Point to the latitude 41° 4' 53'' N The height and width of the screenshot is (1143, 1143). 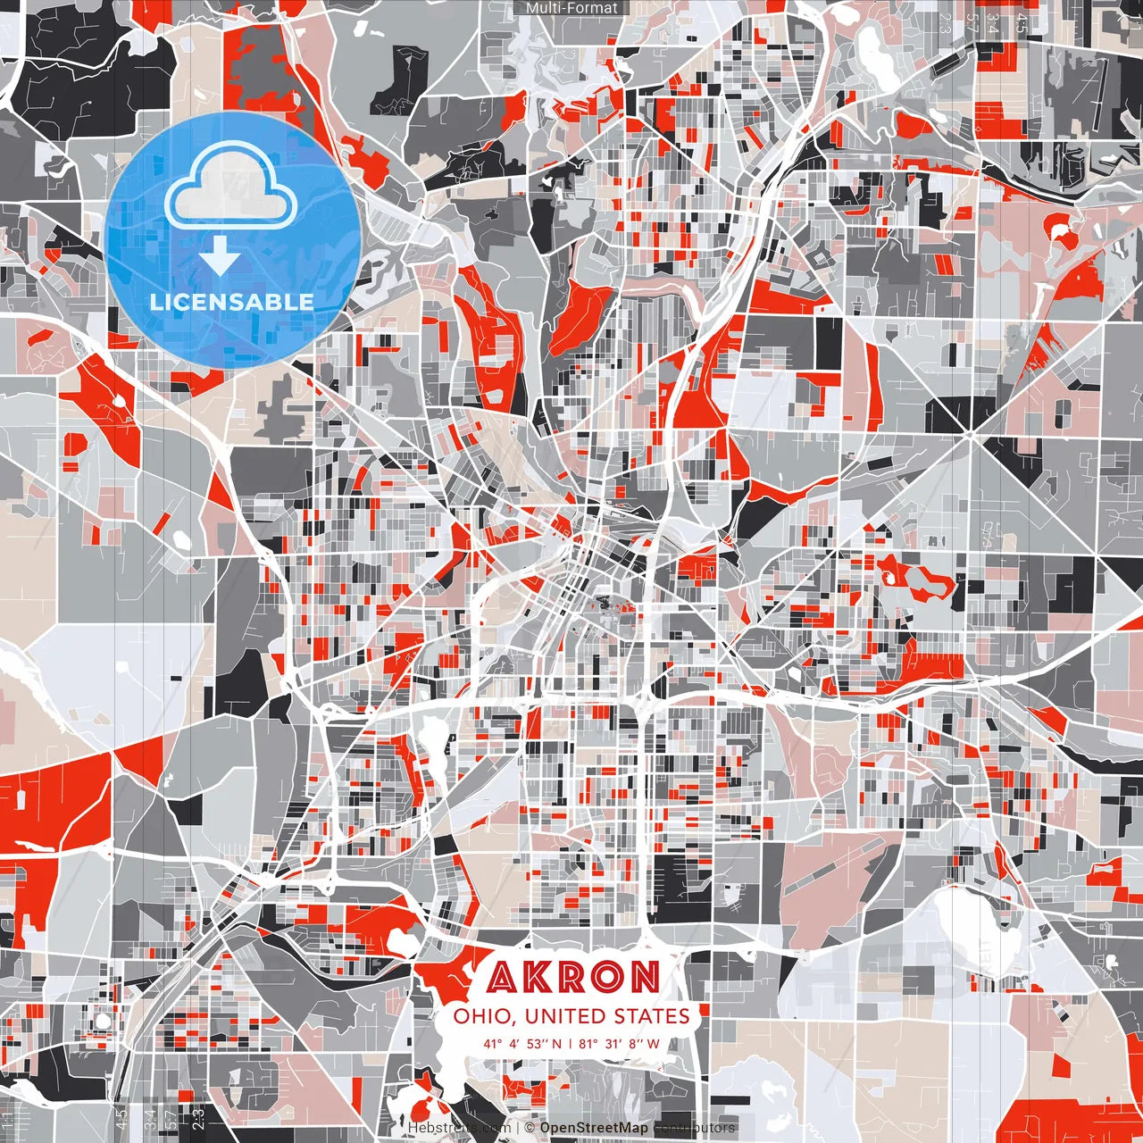pyautogui.click(x=523, y=1044)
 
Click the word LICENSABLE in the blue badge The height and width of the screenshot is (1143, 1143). pyautogui.click(x=232, y=302)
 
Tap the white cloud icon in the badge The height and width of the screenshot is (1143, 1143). pyautogui.click(x=230, y=189)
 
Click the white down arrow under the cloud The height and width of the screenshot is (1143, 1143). pyautogui.click(x=219, y=259)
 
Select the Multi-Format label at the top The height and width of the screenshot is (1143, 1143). pyautogui.click(x=571, y=8)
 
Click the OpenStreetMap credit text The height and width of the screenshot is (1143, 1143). pyautogui.click(x=594, y=1128)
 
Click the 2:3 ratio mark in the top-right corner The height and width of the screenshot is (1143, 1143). pyautogui.click(x=945, y=23)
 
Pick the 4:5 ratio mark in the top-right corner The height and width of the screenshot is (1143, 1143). pyautogui.click(x=1022, y=23)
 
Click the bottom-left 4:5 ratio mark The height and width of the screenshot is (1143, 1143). pyautogui.click(x=121, y=1120)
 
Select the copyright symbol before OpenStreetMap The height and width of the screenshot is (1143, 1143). pyautogui.click(x=530, y=1128)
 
